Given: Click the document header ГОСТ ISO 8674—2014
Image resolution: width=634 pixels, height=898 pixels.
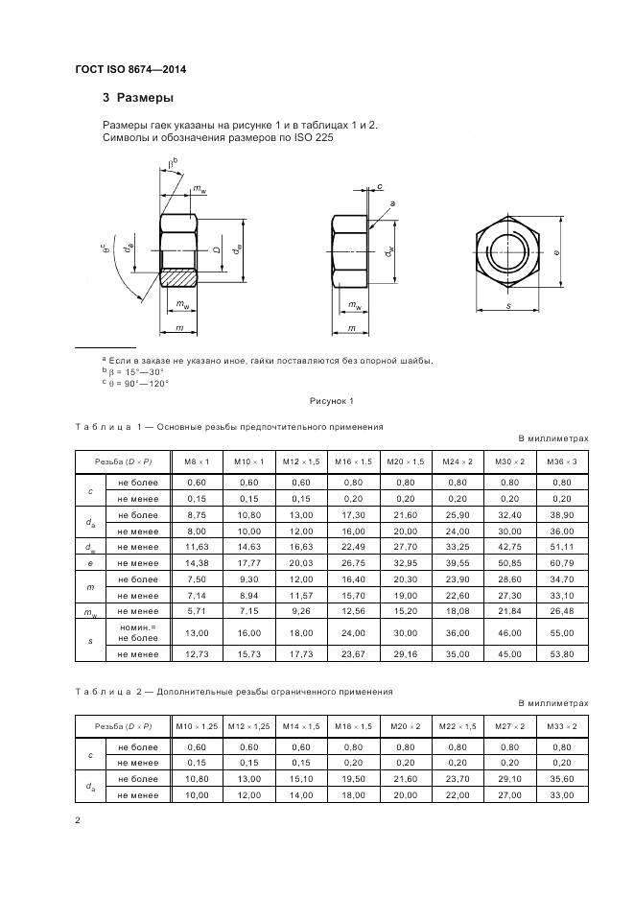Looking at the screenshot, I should pos(132,69).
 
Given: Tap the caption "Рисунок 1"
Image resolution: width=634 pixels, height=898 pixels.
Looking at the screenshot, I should pos(331,400).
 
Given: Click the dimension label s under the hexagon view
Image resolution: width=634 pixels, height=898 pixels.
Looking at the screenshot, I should pos(507,305).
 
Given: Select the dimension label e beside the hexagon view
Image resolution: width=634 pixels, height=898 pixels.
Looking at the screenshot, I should pos(555,252).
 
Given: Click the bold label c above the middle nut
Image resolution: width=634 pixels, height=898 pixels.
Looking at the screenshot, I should pos(380,186).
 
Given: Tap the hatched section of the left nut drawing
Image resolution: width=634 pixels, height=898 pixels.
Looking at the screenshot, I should pos(178,277).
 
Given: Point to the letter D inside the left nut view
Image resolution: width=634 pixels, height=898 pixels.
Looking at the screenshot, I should pos(217,250).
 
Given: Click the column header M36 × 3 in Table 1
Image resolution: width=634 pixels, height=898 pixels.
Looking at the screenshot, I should pos(562,462).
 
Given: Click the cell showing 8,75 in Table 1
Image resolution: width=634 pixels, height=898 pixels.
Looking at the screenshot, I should pos(197,515).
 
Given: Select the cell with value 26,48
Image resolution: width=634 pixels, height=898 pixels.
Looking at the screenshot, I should pos(562,611).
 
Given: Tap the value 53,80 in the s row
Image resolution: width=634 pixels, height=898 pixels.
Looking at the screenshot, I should pos(562,653).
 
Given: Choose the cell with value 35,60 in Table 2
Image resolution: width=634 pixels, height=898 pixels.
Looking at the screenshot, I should pos(562,780).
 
